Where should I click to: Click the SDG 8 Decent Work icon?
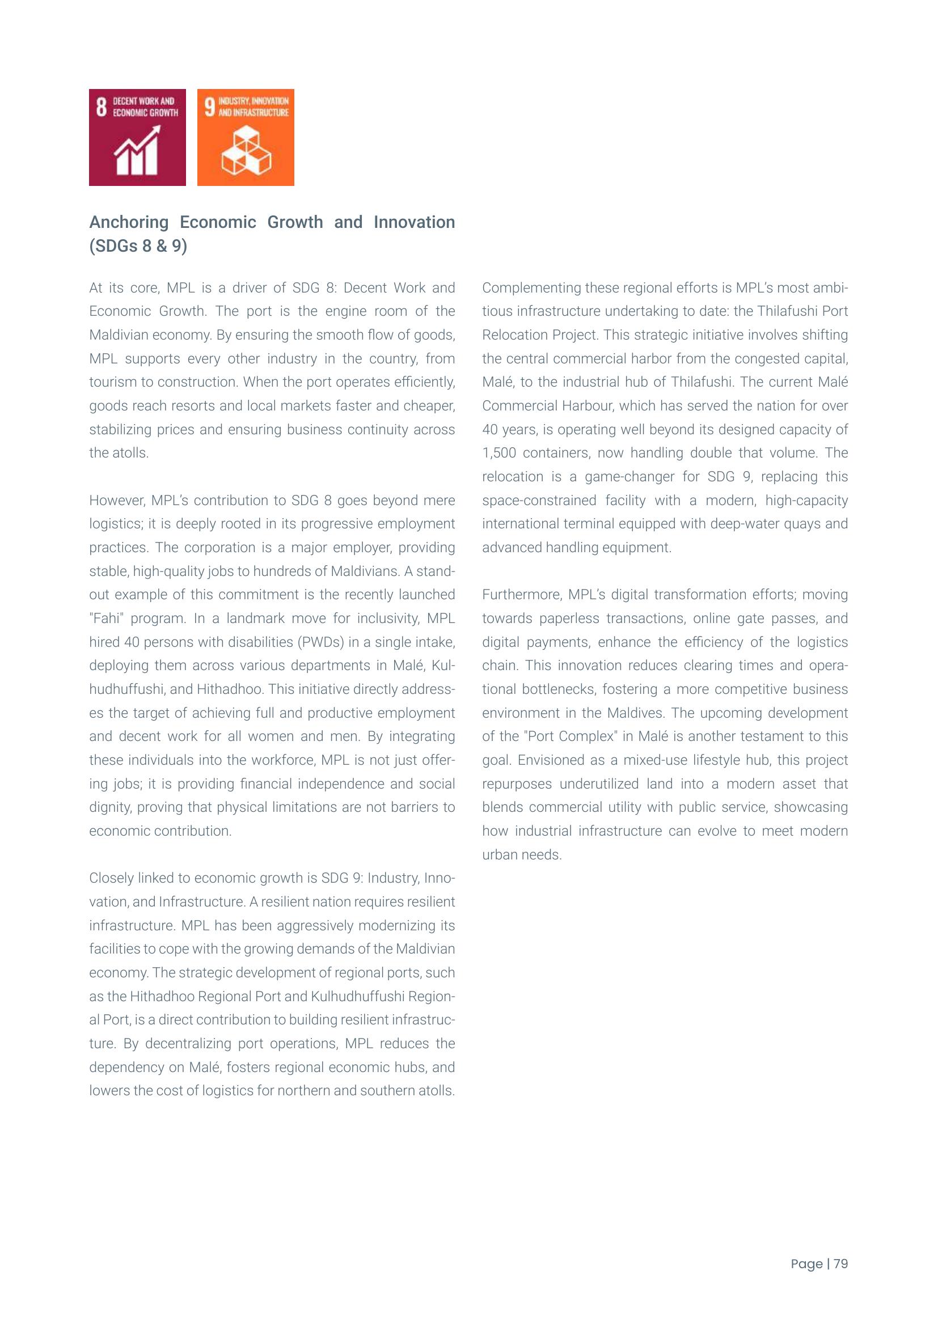pos(137,137)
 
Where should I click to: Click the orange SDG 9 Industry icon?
pos(246,137)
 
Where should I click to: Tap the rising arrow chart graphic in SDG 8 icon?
pos(137,151)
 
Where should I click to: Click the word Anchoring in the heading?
pos(129,222)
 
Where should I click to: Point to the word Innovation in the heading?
pos(413,222)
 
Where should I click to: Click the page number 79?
pos(840,1264)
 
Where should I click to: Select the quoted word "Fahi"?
pos(107,618)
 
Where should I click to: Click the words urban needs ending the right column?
pos(522,855)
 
